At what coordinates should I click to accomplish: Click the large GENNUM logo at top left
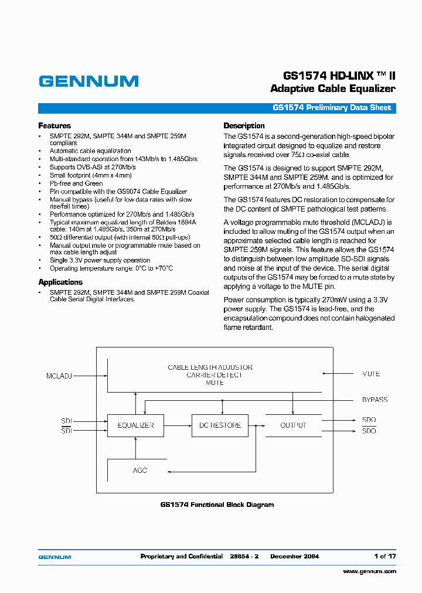[89, 81]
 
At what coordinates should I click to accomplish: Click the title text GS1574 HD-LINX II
[339, 76]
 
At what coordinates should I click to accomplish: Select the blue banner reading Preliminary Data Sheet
[331, 108]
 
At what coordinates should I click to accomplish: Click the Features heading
[55, 125]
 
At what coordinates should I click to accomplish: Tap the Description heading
[244, 125]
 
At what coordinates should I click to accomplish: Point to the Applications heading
[60, 282]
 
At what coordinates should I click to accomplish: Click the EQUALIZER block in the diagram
[135, 425]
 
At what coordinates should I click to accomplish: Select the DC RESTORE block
[220, 425]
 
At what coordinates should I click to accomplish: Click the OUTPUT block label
[293, 425]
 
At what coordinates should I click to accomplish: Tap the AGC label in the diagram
[139, 471]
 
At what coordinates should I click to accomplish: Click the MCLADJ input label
[59, 375]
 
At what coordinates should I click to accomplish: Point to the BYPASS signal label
[375, 400]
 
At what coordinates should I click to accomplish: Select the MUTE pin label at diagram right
[371, 374]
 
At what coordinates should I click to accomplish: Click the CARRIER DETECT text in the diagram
[214, 375]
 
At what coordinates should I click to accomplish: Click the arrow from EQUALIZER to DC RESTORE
[178, 425]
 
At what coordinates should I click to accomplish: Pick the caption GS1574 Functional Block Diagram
[217, 505]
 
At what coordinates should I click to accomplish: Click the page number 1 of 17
[384, 556]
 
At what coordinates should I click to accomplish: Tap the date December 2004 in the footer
[294, 556]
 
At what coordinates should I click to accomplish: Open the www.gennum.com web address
[369, 571]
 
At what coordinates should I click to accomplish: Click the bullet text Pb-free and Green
[76, 183]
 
